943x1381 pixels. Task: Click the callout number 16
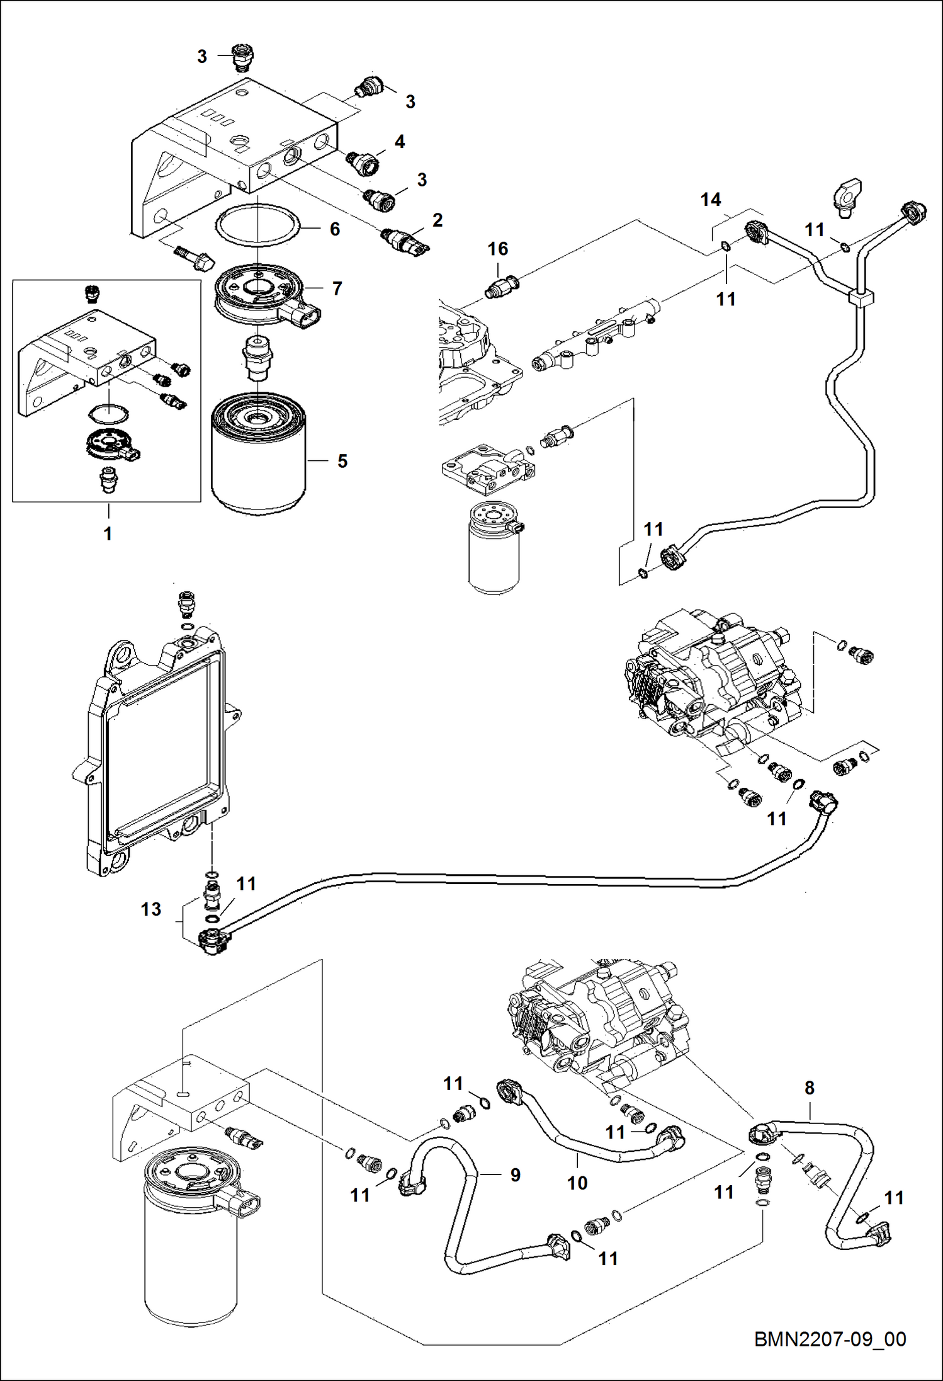(x=498, y=249)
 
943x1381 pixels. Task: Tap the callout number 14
(x=711, y=200)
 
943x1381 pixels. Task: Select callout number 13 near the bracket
(x=151, y=909)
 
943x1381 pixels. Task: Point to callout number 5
(x=342, y=462)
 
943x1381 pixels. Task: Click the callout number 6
(x=335, y=229)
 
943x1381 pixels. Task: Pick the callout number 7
(x=337, y=289)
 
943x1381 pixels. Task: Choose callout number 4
(x=400, y=142)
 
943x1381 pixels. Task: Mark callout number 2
(x=438, y=220)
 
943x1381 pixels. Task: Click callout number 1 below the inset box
(x=108, y=534)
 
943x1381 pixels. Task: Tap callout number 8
(x=810, y=1088)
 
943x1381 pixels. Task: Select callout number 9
(x=516, y=1175)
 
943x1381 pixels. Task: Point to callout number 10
(x=577, y=1183)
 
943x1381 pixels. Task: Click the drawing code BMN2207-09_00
(x=830, y=1339)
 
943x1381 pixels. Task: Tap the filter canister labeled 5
(x=259, y=466)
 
